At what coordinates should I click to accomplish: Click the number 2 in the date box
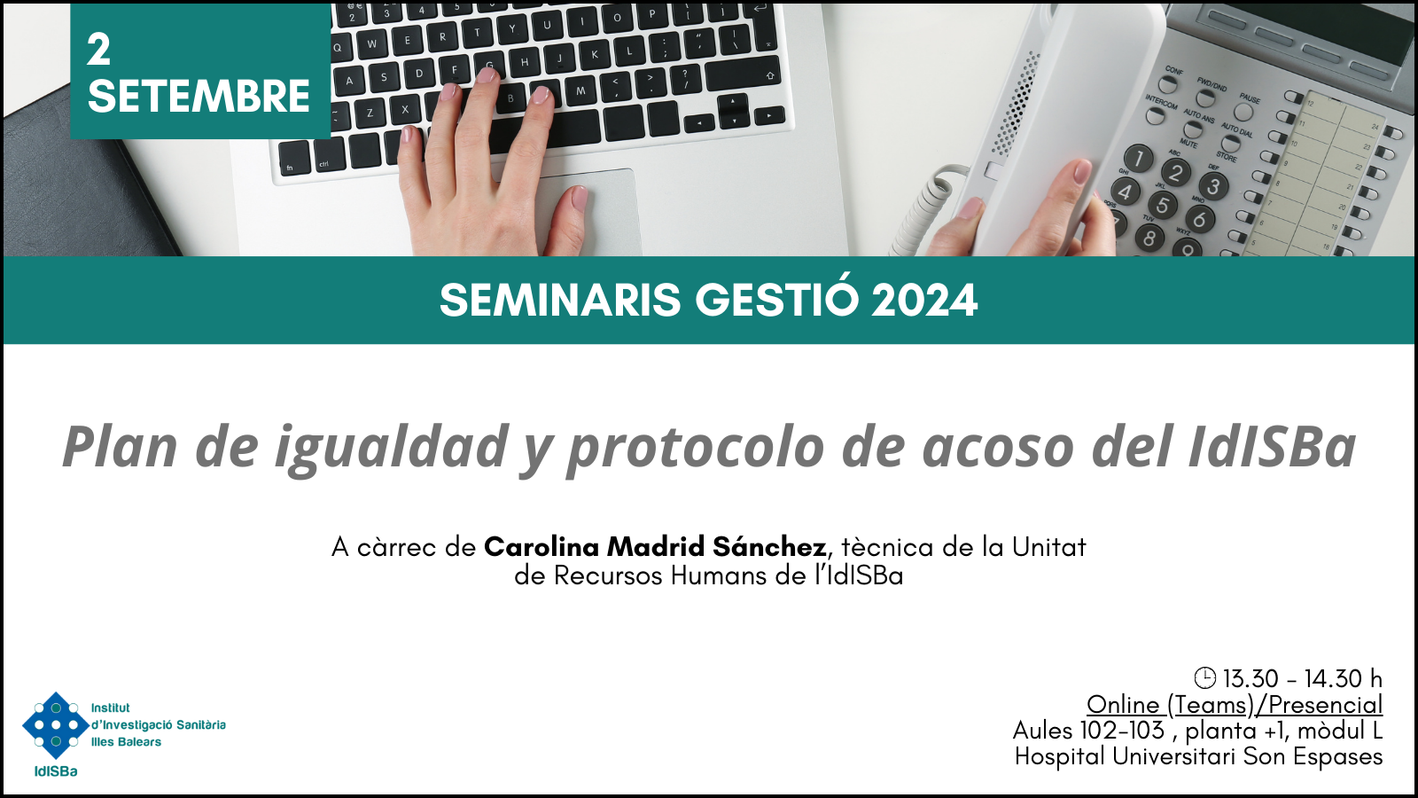click(x=98, y=50)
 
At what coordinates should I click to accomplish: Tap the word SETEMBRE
click(x=199, y=97)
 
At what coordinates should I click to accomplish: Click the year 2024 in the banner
click(x=924, y=301)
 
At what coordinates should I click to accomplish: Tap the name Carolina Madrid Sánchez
click(x=655, y=546)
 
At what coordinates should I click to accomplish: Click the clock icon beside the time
click(x=1204, y=677)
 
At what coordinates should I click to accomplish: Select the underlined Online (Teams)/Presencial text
click(x=1235, y=704)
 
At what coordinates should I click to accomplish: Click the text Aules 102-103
click(x=1088, y=731)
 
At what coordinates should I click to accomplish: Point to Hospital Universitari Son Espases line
click(x=1198, y=757)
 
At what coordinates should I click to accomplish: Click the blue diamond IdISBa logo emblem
click(x=56, y=725)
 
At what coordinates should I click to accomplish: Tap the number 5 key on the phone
click(x=1162, y=205)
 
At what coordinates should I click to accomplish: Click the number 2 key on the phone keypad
click(x=1175, y=172)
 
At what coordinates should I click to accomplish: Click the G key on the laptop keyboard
click(x=488, y=66)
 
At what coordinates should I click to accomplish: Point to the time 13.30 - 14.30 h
click(x=1302, y=678)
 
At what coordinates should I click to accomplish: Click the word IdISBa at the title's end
click(x=1272, y=447)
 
